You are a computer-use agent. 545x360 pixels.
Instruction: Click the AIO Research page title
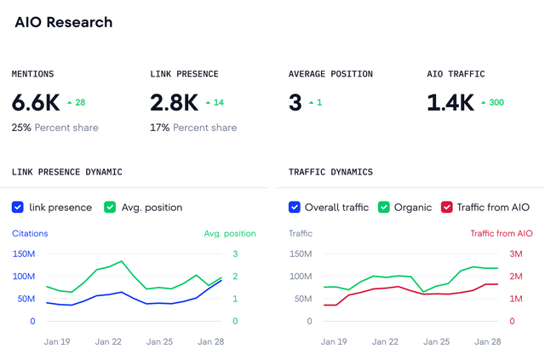pyautogui.click(x=64, y=22)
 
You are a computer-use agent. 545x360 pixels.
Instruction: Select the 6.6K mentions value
pyautogui.click(x=36, y=103)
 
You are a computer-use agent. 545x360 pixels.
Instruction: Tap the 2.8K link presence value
pyautogui.click(x=175, y=103)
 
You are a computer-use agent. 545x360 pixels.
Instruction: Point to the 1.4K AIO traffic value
pyautogui.click(x=450, y=103)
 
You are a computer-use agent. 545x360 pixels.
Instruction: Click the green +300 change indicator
pyautogui.click(x=495, y=103)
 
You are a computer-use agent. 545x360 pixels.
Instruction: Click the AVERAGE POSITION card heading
pyautogui.click(x=330, y=74)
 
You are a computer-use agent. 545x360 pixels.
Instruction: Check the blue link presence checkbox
pyautogui.click(x=18, y=207)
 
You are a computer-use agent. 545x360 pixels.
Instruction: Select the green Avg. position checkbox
pyautogui.click(x=110, y=207)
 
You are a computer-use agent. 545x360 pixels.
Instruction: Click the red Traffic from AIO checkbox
pyautogui.click(x=446, y=207)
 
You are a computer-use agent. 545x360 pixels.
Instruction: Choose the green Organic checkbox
pyautogui.click(x=384, y=207)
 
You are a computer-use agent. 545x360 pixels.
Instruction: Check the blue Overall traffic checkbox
pyautogui.click(x=295, y=207)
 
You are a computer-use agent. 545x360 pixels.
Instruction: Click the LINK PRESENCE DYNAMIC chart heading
pyautogui.click(x=67, y=172)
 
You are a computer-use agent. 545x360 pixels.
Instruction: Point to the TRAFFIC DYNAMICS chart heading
pyautogui.click(x=330, y=172)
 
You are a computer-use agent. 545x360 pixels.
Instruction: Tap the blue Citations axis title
pyautogui.click(x=30, y=233)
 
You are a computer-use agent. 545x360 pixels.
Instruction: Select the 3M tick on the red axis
pyautogui.click(x=517, y=254)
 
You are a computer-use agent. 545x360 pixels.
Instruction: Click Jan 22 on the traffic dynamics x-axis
pyautogui.click(x=385, y=341)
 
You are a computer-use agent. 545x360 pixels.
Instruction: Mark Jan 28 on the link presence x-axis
pyautogui.click(x=211, y=341)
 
